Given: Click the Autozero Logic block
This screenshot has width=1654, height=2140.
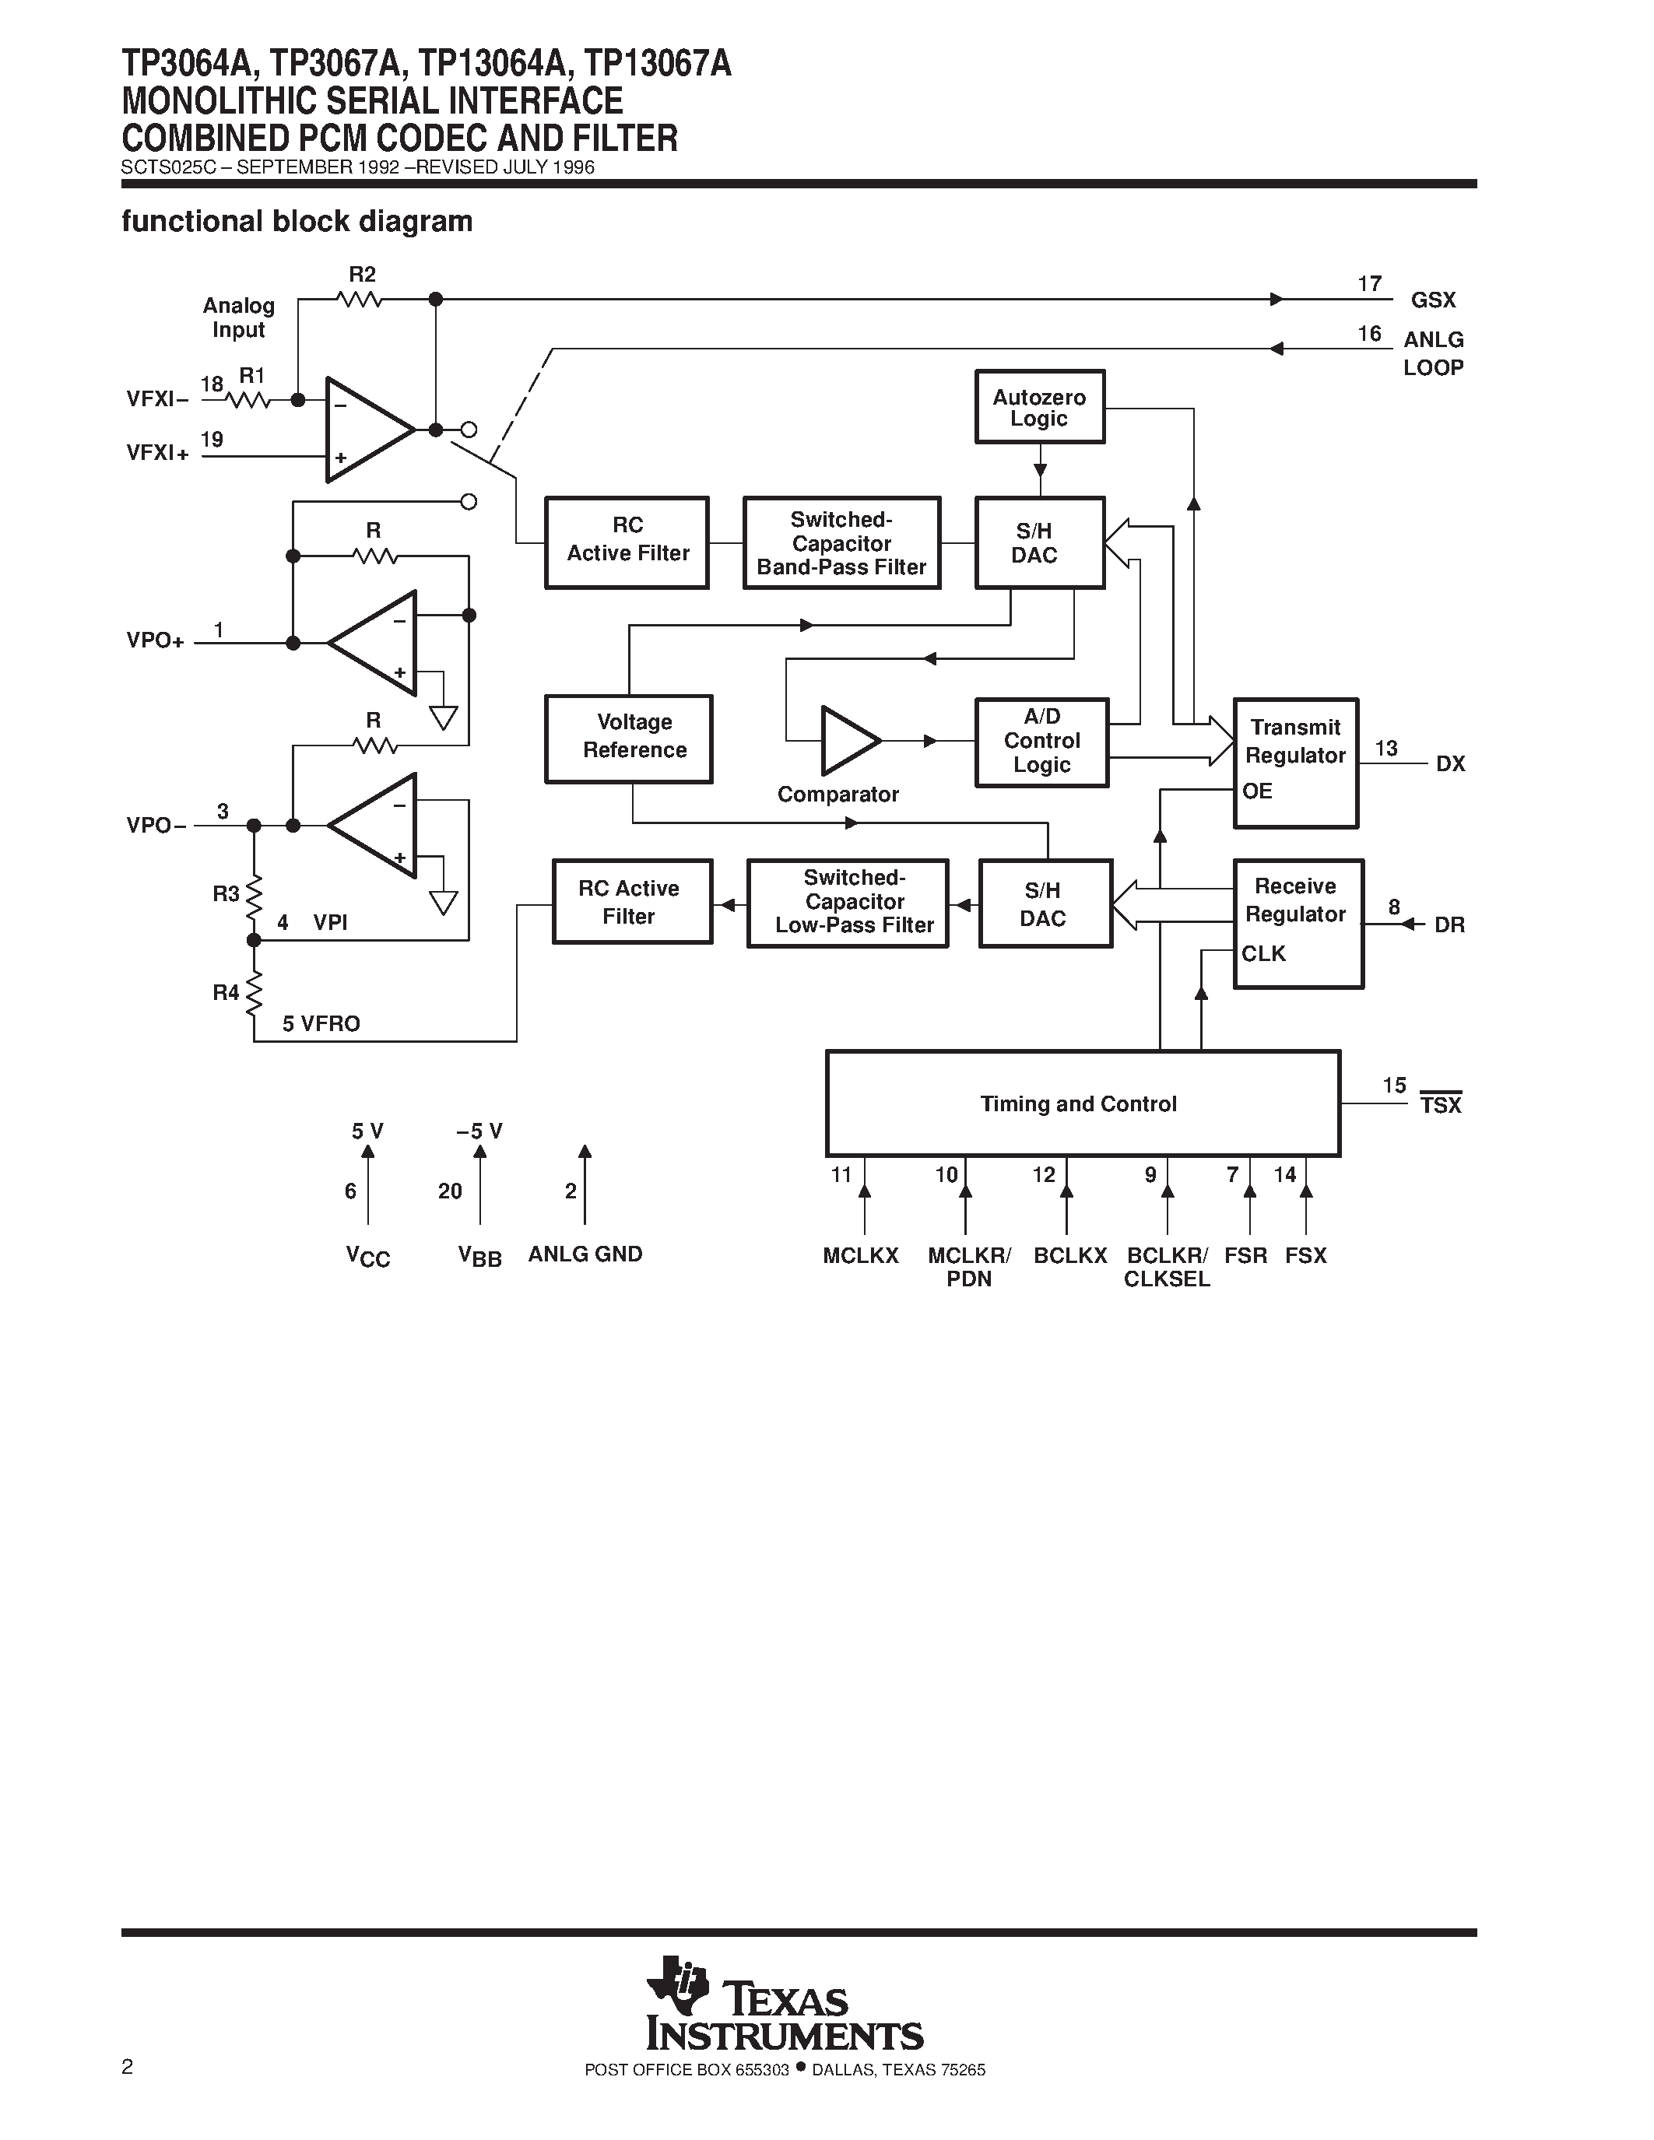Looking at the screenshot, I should click(x=1040, y=407).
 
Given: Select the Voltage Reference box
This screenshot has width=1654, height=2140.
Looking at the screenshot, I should click(x=628, y=738).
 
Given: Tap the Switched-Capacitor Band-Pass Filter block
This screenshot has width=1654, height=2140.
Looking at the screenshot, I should click(x=841, y=543).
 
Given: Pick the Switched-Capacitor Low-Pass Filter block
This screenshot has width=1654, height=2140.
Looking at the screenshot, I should click(x=848, y=903).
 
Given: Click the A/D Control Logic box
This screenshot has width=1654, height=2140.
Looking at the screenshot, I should click(x=1041, y=742).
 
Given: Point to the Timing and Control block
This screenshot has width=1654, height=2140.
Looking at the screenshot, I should click(x=1082, y=1103).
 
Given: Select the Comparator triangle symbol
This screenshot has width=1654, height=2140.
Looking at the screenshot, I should click(x=848, y=741).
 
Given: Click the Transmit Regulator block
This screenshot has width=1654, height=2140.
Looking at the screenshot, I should click(x=1295, y=763).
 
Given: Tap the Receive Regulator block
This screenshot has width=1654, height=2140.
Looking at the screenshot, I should click(x=1298, y=923).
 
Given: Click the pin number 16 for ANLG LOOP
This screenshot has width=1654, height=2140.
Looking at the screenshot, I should click(x=1369, y=334).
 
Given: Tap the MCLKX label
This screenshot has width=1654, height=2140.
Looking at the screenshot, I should click(x=860, y=1256).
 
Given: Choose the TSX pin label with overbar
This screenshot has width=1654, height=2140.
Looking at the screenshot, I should click(x=1441, y=1104).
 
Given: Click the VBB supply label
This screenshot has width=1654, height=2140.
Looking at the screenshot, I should click(x=479, y=1256).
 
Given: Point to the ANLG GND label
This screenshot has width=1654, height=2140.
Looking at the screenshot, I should click(x=585, y=1254).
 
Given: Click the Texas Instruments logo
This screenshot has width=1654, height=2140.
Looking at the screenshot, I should click(x=784, y=2004).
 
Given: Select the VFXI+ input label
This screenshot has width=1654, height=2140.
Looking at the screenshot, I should click(x=156, y=453).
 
